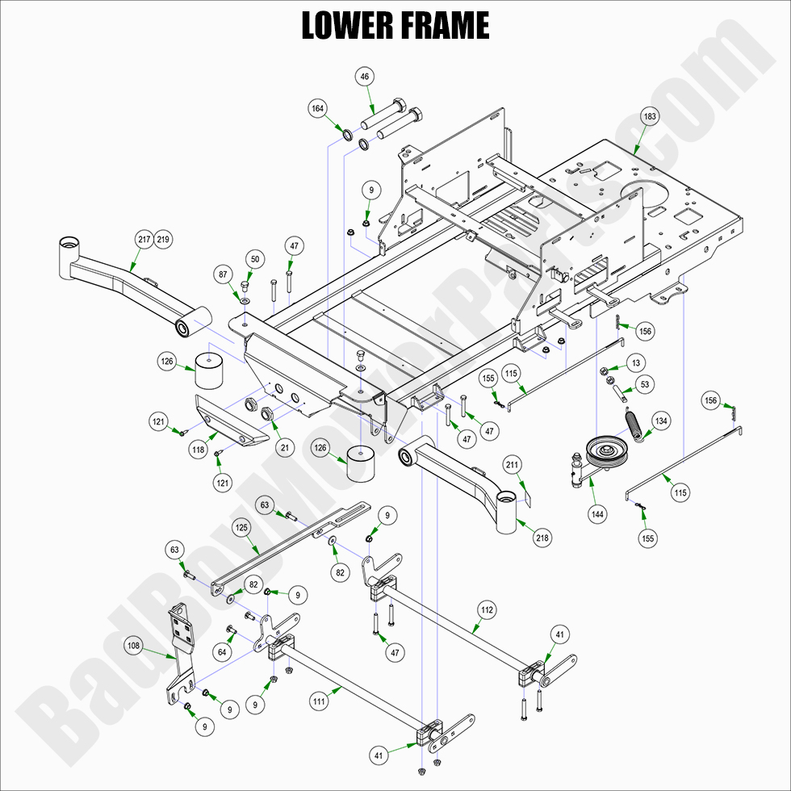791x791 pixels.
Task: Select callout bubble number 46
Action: coord(365,77)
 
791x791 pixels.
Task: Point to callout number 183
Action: coord(650,116)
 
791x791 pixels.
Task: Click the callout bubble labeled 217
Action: coord(144,239)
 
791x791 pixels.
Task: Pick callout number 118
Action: coord(199,450)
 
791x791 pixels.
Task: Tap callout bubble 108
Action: coord(134,646)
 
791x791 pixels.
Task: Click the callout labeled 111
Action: coord(320,702)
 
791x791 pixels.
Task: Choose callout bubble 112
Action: coord(486,609)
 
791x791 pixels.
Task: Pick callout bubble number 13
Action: coord(637,363)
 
